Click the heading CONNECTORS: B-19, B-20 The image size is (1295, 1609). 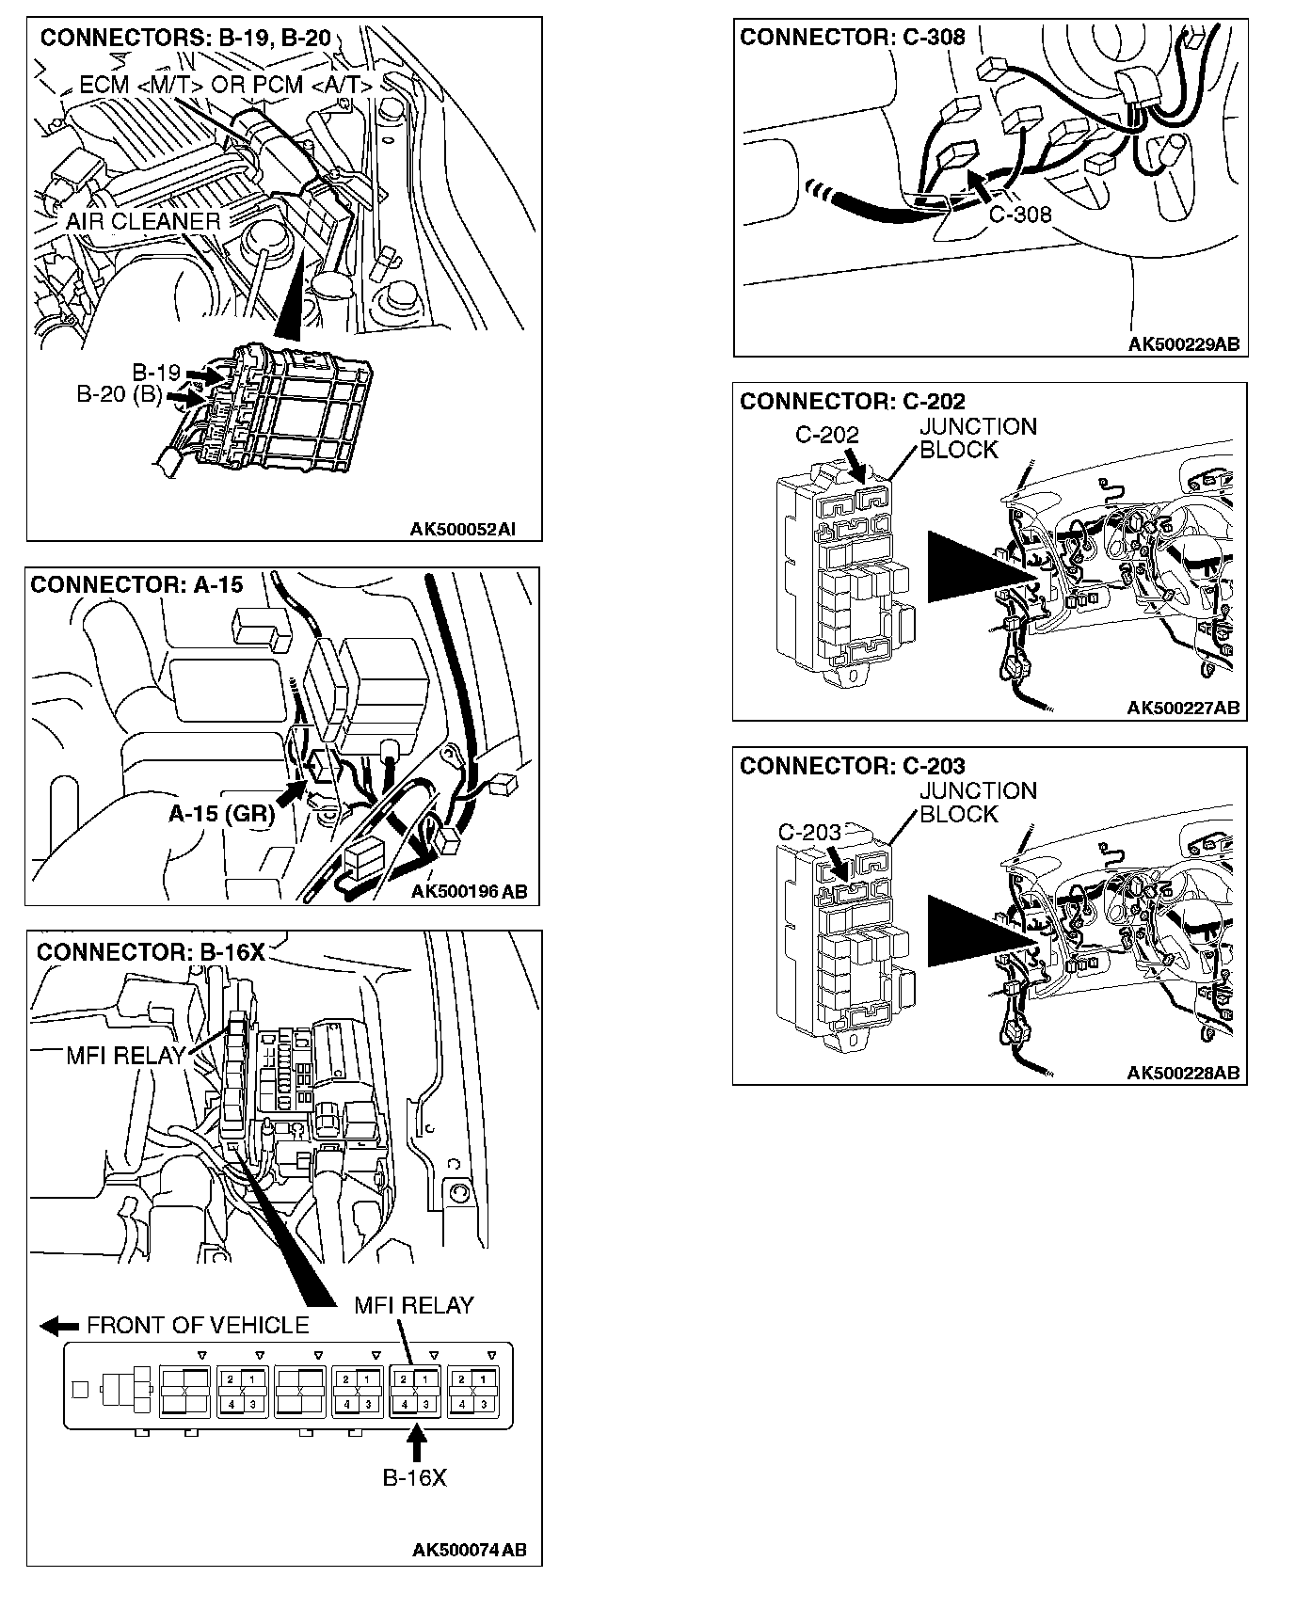pos(185,38)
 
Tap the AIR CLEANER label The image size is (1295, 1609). pos(143,222)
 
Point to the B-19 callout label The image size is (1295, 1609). pos(156,373)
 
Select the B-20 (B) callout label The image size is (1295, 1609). pos(120,395)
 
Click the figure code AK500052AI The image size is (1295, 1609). pos(462,530)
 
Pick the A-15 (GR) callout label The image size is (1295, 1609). pos(221,814)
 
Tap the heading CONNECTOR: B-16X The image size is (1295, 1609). pos(151,952)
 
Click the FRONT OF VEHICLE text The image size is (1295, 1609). pos(198,1326)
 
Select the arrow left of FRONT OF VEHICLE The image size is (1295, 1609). pos(59,1326)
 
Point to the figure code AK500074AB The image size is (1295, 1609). pos(470,1550)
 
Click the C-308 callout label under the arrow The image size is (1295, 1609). pos(1020,215)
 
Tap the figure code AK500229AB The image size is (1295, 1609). pos(1184,344)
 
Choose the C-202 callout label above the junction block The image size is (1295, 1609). pos(827,435)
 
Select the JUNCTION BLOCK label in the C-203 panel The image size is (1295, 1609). pos(978,803)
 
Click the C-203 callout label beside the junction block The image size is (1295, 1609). pos(809,833)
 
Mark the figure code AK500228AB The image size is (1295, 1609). pos(1183,1073)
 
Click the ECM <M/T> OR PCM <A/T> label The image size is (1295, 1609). pos(226,85)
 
